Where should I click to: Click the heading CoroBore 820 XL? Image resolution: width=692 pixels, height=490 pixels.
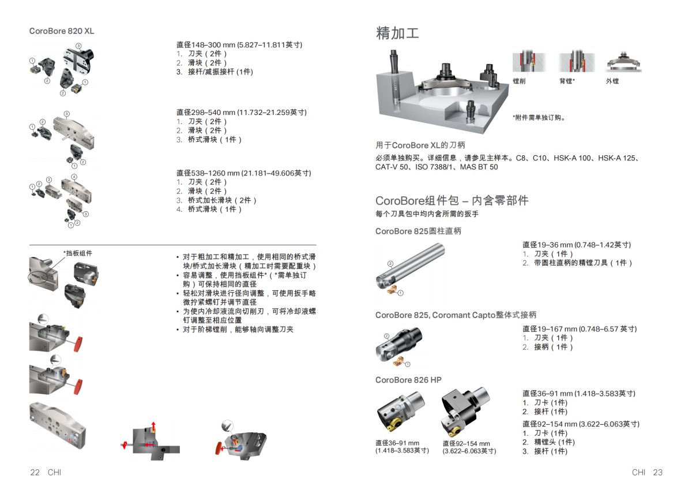coord(62,31)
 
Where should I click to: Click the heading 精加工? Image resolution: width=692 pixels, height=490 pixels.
coord(397,33)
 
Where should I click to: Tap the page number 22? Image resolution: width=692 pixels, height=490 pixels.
coord(35,472)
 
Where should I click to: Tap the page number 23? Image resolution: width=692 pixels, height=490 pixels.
coord(658,472)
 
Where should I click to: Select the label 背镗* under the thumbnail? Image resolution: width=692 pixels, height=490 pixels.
coord(567,81)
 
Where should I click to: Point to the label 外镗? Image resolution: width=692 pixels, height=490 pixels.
coord(612,81)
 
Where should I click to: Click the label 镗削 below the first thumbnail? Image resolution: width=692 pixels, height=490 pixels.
coord(519,81)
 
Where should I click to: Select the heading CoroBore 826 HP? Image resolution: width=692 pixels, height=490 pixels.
coord(408,380)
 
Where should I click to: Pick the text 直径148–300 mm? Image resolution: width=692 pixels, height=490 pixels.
coord(206,44)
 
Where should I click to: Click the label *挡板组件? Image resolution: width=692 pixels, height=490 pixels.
coord(78,253)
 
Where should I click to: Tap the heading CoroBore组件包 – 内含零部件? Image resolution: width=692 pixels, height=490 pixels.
coord(452,201)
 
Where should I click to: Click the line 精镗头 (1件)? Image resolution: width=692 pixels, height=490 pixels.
coord(554,442)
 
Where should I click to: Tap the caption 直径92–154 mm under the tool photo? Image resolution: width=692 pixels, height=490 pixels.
coord(466,443)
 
